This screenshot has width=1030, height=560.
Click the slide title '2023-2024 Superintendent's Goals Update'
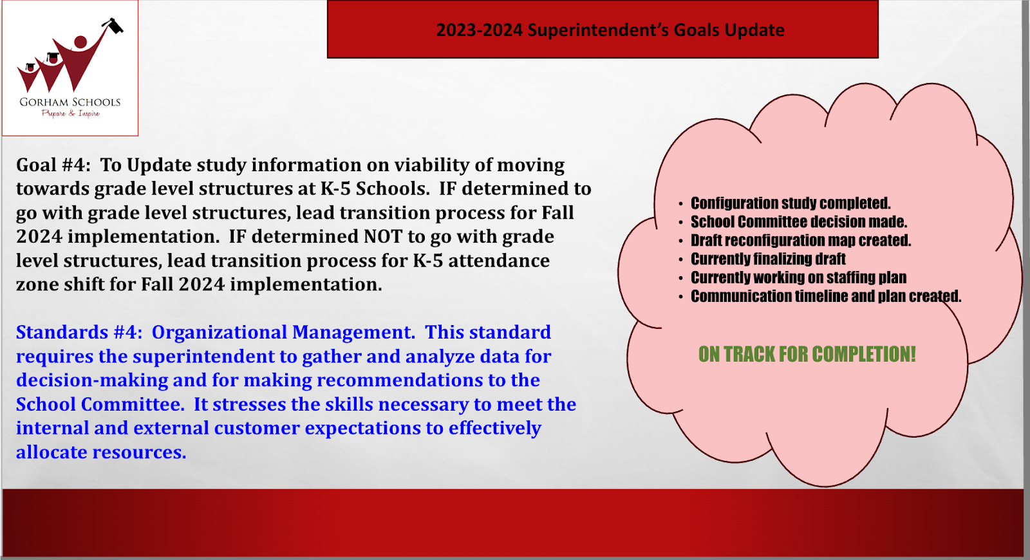tap(610, 30)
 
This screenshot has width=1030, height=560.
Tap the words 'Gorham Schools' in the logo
tap(70, 102)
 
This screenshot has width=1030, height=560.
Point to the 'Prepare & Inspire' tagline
tap(70, 113)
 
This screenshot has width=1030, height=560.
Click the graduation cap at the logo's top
tap(113, 25)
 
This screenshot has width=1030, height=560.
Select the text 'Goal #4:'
tap(54, 165)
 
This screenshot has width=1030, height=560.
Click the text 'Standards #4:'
tap(79, 332)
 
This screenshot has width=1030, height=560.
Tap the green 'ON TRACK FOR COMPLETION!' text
tap(807, 354)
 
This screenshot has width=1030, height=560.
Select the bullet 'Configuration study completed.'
tap(791, 203)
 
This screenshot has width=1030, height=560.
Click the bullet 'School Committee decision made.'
tap(799, 221)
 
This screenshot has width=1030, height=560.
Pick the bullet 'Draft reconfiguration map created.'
tap(801, 240)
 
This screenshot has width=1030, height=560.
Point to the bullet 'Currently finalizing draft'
tap(768, 259)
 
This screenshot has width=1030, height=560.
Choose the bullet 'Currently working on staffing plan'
tap(798, 277)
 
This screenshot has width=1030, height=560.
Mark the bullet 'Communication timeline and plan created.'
tap(826, 296)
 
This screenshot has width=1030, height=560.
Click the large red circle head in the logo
tap(80, 42)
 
